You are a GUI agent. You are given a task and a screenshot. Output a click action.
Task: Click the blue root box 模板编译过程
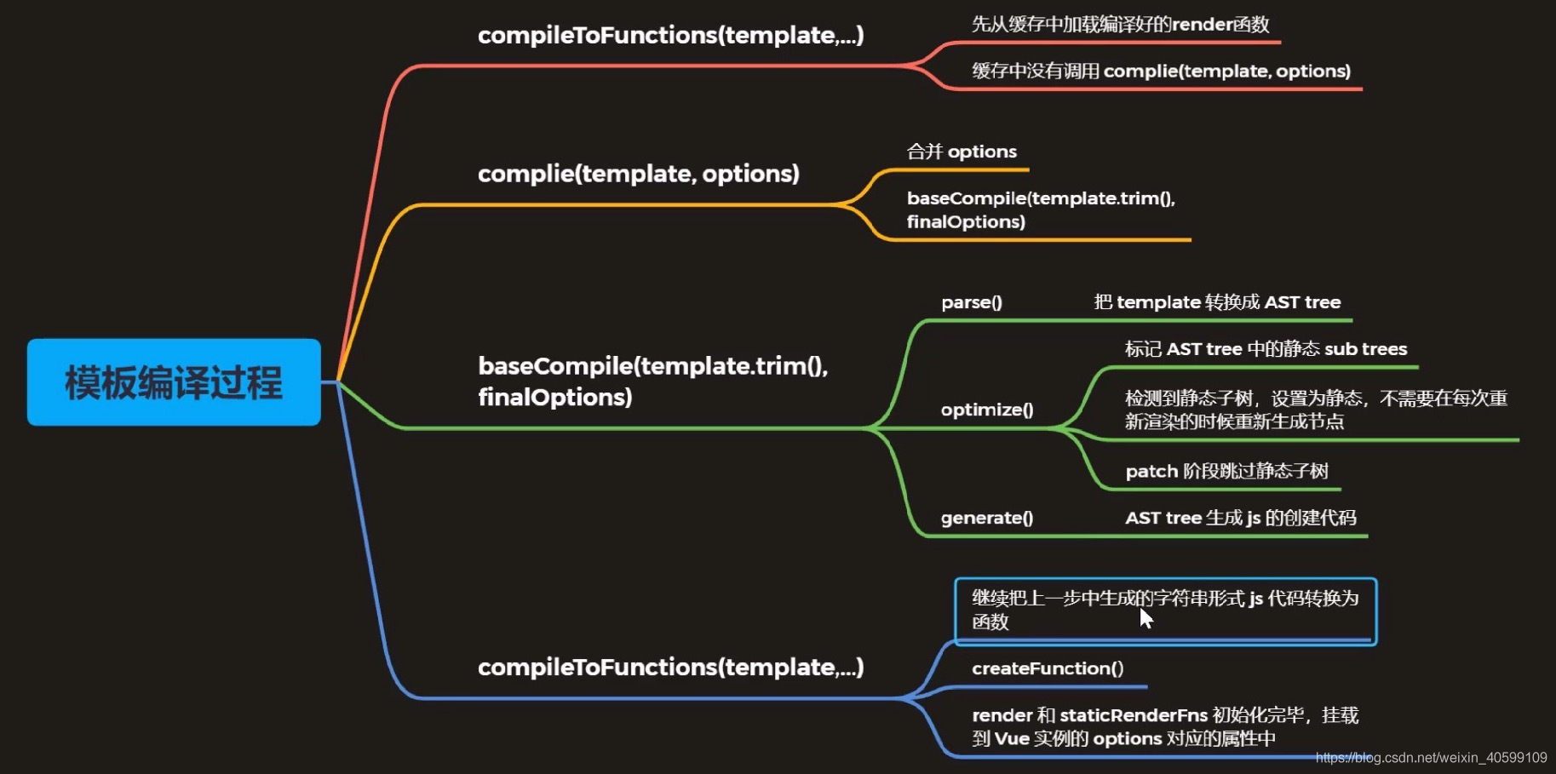[x=174, y=382]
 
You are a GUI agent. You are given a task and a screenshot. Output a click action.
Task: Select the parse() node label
[x=972, y=302]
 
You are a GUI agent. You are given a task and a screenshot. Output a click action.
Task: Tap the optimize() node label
[x=986, y=410]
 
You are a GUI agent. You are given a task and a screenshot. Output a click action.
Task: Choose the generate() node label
[x=986, y=518]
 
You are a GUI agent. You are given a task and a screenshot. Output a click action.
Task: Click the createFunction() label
[x=1047, y=668]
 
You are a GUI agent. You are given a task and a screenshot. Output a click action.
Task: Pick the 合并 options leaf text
[x=962, y=152]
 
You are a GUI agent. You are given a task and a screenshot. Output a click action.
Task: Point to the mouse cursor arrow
[x=1145, y=617]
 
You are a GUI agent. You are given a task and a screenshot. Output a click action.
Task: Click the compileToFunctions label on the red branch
[x=670, y=35]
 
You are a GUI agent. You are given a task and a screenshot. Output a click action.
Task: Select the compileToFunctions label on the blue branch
[x=670, y=667]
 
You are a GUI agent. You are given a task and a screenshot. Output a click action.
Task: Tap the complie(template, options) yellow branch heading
[x=638, y=174]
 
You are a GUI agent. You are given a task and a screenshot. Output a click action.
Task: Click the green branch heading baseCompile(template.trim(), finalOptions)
[x=652, y=381]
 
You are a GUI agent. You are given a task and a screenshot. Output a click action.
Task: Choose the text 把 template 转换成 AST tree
[x=1217, y=302]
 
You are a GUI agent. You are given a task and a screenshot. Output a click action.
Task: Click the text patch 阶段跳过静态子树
[x=1226, y=471]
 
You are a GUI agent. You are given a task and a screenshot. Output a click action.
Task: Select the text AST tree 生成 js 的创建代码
[x=1240, y=518]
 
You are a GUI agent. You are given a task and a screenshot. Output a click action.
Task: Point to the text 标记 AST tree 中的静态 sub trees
[x=1266, y=349]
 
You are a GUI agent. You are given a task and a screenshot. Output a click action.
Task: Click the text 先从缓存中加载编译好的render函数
[x=1120, y=25]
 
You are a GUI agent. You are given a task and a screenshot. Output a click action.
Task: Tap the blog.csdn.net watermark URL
[x=1431, y=758]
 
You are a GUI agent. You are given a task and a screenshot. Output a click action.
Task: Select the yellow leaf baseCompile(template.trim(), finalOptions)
[x=1040, y=209]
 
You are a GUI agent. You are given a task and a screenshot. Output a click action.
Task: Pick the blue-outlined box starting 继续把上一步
[x=1164, y=610]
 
